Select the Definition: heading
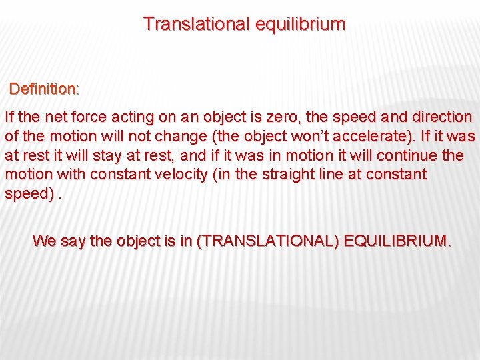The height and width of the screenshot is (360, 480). tap(45, 89)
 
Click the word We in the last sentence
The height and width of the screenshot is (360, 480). tap(44, 241)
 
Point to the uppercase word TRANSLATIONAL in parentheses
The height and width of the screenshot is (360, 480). tap(267, 241)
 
